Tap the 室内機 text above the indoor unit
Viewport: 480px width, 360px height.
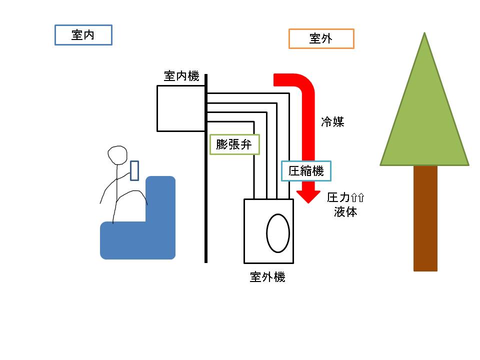coord(181,76)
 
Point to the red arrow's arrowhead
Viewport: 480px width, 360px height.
coord(308,196)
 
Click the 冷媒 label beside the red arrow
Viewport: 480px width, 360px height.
coord(332,122)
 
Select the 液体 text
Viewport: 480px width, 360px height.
coord(345,212)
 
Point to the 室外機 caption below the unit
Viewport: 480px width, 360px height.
coord(267,277)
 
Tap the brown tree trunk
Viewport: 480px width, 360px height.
coord(425,218)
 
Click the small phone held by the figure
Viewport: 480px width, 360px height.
coord(134,170)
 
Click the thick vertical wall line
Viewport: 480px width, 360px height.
coord(206,168)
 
